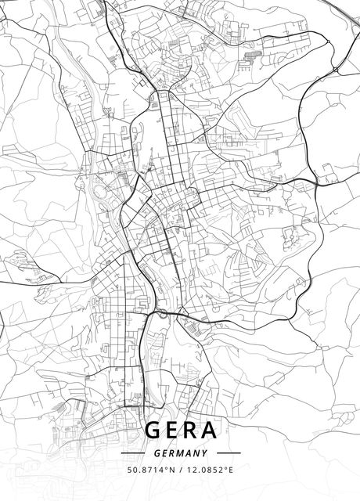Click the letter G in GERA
(155, 431)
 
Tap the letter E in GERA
(172, 431)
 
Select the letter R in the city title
(190, 431)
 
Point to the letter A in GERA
(210, 431)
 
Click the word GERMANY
(181, 452)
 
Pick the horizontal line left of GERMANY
(134, 452)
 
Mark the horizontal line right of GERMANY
(228, 452)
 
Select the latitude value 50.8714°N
(150, 470)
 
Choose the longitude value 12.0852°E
(211, 470)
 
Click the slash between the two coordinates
(181, 470)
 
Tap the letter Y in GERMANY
(204, 452)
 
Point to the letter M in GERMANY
(181, 452)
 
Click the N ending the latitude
(172, 470)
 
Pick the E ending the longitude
(232, 470)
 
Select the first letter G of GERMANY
(157, 452)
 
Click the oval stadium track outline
(99, 189)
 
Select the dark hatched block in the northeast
(252, 56)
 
